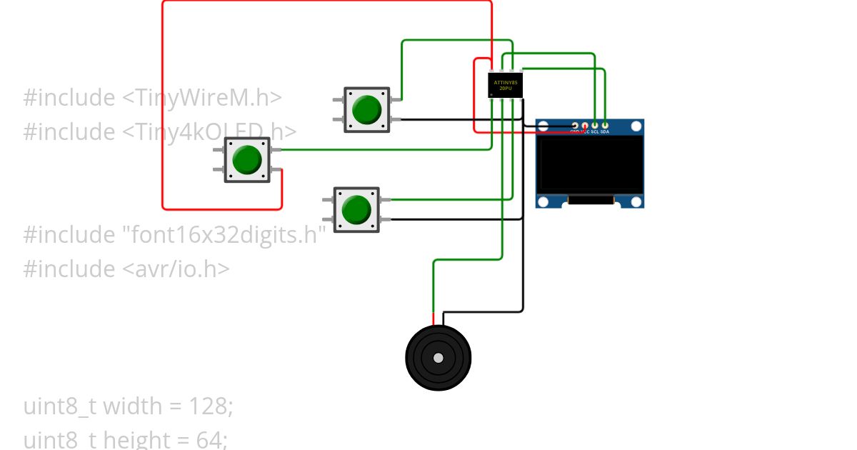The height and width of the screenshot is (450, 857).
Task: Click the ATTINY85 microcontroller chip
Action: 505,85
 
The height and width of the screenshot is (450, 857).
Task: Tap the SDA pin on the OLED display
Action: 605,126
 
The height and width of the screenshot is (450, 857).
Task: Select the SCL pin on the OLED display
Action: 595,126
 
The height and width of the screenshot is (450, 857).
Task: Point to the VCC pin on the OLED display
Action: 585,126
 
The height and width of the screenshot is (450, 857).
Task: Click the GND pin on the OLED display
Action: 575,126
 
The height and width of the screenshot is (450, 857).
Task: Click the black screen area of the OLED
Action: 590,164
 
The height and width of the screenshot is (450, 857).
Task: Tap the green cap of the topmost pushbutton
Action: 367,109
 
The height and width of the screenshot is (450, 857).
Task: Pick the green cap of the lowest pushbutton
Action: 356,210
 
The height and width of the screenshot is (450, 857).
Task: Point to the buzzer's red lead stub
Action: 433,319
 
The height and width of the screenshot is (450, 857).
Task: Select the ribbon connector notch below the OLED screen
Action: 591,201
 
